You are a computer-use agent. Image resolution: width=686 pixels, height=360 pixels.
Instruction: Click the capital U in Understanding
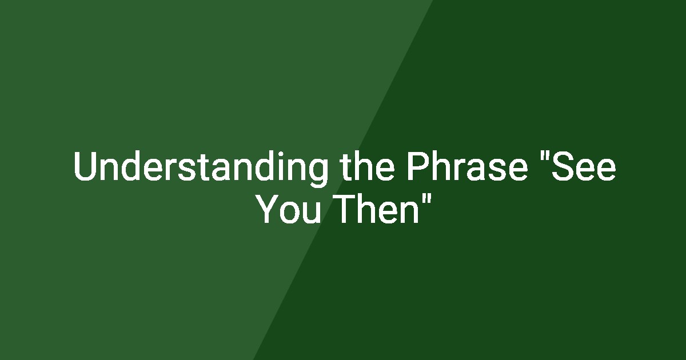pyautogui.click(x=86, y=166)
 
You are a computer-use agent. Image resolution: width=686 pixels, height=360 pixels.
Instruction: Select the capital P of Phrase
pyautogui.click(x=418, y=166)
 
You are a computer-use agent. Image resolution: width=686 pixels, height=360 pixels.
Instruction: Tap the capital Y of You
pyautogui.click(x=269, y=209)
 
